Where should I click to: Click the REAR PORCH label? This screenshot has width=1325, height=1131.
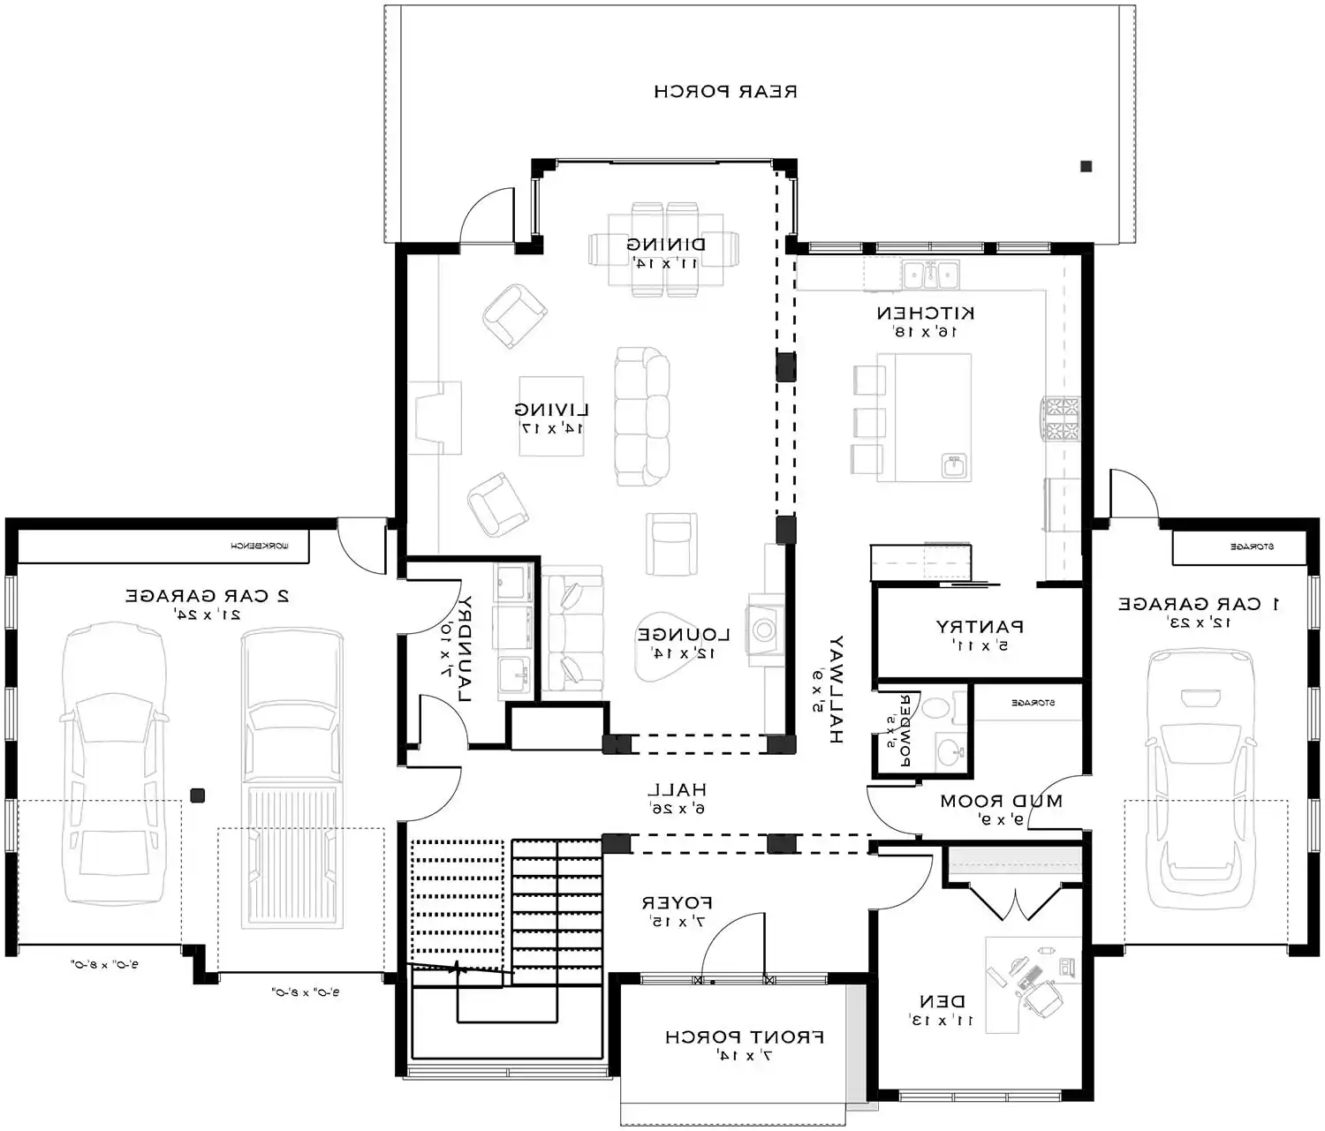725,91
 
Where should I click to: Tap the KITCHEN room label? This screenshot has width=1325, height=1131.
925,313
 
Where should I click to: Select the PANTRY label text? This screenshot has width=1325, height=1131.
980,627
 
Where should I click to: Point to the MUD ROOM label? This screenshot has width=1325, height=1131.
1001,802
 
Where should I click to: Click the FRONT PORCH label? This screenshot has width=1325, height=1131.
745,1037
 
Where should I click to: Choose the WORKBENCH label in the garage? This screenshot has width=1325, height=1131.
260,547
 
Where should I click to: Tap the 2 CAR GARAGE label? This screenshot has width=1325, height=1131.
207,596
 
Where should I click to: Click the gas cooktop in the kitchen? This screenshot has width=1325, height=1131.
1059,418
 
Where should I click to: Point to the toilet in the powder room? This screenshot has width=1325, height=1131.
935,708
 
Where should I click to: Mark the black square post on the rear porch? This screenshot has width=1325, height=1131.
1086,166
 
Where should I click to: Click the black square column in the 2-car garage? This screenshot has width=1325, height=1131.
198,795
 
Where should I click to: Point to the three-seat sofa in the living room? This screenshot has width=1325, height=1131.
642,417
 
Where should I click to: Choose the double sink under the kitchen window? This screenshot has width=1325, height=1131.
930,274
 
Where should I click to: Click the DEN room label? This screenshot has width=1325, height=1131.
942,1002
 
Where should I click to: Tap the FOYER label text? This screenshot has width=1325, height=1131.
677,903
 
